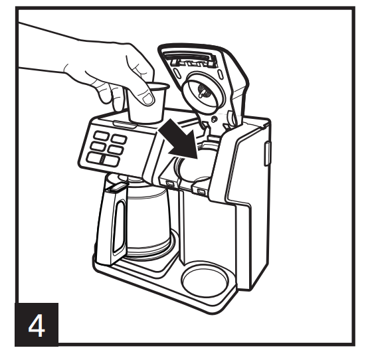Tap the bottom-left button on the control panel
[x=94, y=159]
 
